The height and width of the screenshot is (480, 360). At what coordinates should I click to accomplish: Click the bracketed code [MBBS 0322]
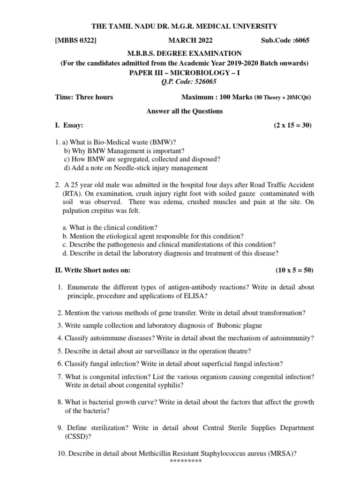[76, 41]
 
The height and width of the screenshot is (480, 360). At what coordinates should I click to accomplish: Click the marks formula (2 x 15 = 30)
[293, 125]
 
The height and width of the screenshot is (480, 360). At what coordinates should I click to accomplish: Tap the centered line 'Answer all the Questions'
[178, 111]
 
